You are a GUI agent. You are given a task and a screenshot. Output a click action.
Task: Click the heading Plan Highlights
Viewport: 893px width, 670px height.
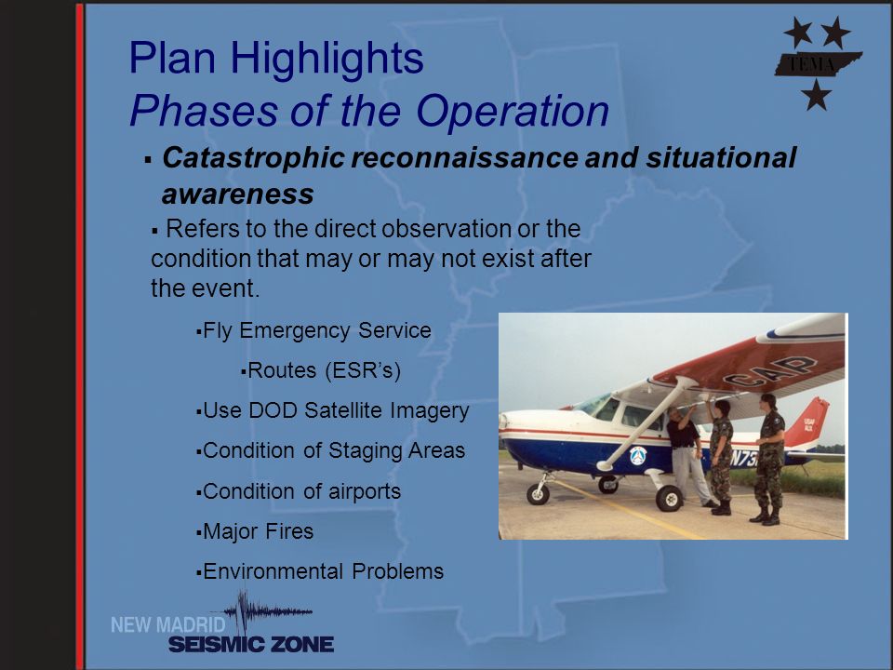tap(276, 58)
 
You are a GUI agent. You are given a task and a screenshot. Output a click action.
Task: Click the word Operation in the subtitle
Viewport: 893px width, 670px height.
tap(513, 110)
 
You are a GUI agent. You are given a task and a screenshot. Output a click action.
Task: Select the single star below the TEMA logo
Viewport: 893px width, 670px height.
tap(816, 95)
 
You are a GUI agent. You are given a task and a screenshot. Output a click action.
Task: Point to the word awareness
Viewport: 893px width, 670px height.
tap(237, 194)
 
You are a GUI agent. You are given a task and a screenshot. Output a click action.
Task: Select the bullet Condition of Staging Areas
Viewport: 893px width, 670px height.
tap(330, 450)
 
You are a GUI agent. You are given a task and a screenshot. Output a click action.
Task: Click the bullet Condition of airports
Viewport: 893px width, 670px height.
tap(299, 491)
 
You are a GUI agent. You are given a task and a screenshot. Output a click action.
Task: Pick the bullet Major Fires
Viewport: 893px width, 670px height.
tap(255, 531)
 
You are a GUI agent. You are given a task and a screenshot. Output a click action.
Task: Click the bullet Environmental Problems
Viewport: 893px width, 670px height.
tap(319, 571)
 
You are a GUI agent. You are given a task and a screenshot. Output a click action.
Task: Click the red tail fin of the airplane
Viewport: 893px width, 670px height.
tap(807, 422)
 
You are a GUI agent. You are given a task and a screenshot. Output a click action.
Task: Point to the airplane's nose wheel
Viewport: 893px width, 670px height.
tap(538, 494)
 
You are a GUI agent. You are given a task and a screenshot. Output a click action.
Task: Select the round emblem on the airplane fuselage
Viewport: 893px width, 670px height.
tap(638, 456)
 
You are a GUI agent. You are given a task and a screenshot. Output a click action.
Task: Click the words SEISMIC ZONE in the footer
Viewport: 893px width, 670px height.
tap(251, 644)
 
